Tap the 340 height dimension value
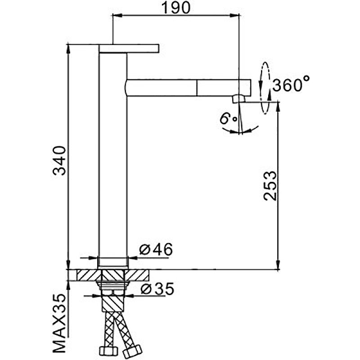click(60, 161)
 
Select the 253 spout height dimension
click(269, 185)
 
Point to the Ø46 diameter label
click(156, 249)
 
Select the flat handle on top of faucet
click(129, 48)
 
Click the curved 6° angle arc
click(241, 131)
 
